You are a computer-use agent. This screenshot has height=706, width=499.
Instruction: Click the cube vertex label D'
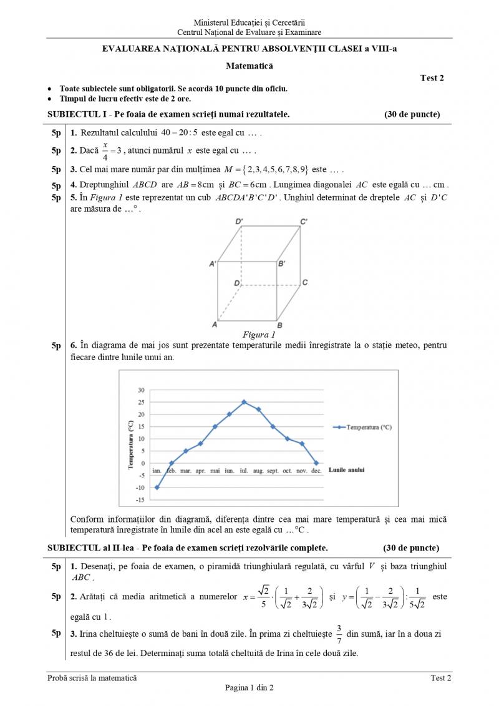coord(239,222)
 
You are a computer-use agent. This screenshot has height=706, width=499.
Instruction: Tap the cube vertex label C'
coord(304,222)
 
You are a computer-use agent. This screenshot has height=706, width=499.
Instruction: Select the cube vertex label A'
coord(213,264)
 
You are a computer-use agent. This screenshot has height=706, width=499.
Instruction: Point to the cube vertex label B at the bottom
coord(279,325)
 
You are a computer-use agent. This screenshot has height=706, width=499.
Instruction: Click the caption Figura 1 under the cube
coord(259,335)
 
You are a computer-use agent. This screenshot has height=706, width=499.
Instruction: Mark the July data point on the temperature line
coord(244,402)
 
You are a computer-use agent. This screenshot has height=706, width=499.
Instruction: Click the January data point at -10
coord(157,488)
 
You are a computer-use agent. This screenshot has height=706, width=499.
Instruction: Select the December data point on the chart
coord(316,463)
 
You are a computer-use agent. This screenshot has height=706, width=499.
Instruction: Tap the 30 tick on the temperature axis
coord(141,390)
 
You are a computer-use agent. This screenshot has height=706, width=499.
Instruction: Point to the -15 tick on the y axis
coord(140,500)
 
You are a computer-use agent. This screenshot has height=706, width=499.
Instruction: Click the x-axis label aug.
coord(258,471)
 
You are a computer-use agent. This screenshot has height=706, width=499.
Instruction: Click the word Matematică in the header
coord(249,65)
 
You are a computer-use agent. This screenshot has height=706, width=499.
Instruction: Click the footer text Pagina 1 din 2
coord(249,688)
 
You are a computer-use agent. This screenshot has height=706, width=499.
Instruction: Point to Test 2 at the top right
coord(432,78)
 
